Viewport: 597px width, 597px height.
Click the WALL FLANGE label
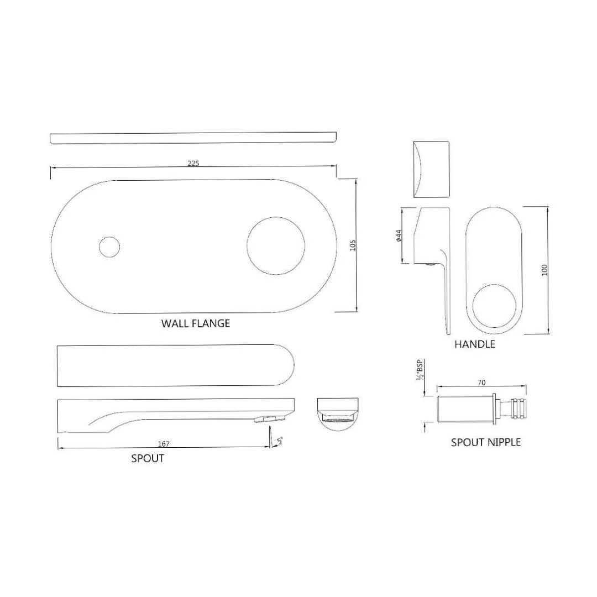(x=195, y=323)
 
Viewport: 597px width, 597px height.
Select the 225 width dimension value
(x=193, y=163)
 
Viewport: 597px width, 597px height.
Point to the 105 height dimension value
(x=353, y=245)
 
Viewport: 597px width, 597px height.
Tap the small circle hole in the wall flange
(x=109, y=247)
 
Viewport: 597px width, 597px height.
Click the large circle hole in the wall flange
(x=275, y=243)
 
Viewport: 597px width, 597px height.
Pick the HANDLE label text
(x=474, y=344)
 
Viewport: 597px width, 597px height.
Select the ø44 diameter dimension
(x=397, y=235)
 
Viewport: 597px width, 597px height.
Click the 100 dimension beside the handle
(x=544, y=270)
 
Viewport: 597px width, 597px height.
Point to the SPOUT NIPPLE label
(x=485, y=442)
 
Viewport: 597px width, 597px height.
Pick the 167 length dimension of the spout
(x=163, y=444)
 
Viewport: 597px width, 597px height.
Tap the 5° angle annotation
(x=280, y=441)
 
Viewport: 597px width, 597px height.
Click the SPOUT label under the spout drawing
(x=148, y=458)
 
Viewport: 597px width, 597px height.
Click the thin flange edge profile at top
(x=193, y=138)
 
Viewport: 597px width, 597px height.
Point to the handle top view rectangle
(x=431, y=169)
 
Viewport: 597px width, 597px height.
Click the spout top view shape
(x=175, y=366)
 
